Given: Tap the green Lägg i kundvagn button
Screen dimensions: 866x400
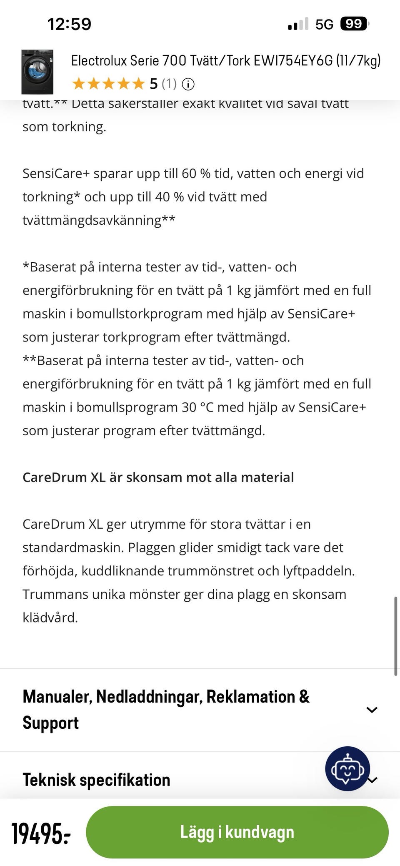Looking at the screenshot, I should tap(237, 832).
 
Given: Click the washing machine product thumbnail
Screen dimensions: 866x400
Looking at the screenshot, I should tap(37, 72).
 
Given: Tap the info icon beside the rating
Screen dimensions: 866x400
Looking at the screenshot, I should tap(188, 85).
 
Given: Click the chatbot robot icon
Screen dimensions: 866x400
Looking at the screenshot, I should tap(347, 768).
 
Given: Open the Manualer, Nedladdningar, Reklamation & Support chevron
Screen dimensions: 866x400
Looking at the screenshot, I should tap(371, 710).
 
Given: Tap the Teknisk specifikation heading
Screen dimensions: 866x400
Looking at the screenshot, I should tap(96, 780).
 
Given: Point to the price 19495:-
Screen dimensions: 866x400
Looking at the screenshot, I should tap(41, 833).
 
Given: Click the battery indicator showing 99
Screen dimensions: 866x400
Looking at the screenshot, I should tap(354, 24).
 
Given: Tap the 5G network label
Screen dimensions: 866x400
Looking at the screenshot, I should tap(324, 25).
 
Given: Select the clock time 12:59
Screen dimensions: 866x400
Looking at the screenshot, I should tap(69, 24).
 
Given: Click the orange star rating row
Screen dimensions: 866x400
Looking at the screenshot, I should tap(108, 84).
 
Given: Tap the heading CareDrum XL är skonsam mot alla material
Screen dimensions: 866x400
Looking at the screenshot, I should tap(158, 477).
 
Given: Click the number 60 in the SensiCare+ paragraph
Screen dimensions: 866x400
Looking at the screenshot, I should tap(189, 173).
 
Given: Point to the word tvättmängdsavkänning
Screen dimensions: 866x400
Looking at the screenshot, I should tap(92, 220).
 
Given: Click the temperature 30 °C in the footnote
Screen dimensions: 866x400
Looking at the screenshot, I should tap(197, 407).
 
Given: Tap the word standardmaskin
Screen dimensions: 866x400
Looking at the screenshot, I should tap(73, 547).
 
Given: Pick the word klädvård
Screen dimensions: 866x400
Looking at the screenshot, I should tap(50, 617).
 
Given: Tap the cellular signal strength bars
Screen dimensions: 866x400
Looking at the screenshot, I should tap(298, 24).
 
